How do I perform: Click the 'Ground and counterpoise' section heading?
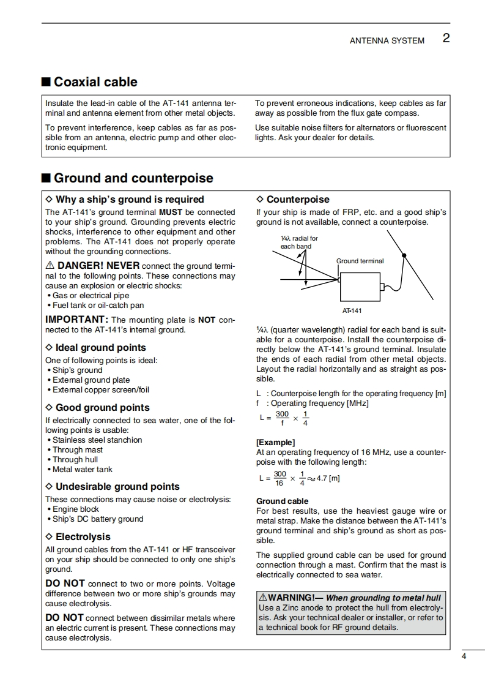[133, 178]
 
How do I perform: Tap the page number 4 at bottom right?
[464, 657]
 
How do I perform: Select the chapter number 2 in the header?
[446, 39]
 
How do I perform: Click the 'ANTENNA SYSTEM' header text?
[387, 40]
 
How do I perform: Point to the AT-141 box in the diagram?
[360, 285]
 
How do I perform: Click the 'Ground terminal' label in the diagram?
[360, 261]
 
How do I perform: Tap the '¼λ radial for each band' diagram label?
[299, 242]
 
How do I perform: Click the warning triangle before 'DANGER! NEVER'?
[50, 266]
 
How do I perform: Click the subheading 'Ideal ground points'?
[100, 348]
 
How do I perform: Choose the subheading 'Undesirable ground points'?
[117, 487]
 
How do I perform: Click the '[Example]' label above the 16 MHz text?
[275, 442]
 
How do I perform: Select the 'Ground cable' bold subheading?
[282, 501]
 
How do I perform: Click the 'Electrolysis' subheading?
[83, 537]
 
